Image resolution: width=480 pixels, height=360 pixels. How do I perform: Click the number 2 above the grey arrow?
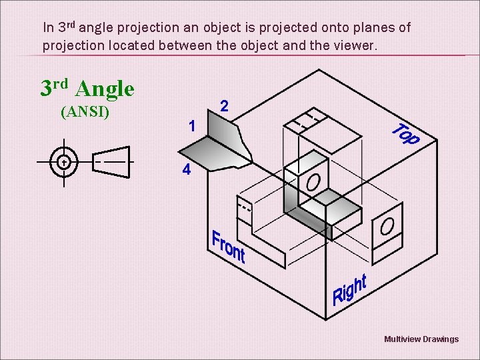coord(225,105)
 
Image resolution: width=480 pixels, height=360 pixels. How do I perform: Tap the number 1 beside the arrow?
coord(191,125)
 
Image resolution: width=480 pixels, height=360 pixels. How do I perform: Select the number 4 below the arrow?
coord(187,170)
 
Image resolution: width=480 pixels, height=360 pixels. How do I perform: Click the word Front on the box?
coord(228,247)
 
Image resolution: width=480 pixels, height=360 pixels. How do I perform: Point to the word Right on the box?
coord(349,289)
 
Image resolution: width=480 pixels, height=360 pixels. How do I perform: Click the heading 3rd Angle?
coord(87,87)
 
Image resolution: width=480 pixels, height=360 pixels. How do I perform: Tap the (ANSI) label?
coord(85,111)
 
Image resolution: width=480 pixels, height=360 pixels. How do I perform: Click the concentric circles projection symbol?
coord(64,162)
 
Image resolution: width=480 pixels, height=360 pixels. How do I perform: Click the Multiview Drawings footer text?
coord(421,339)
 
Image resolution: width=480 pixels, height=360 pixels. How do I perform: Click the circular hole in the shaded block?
coord(313,181)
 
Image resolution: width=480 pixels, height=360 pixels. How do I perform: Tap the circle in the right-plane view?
coord(387,227)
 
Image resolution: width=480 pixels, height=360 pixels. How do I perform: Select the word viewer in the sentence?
coord(355,46)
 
